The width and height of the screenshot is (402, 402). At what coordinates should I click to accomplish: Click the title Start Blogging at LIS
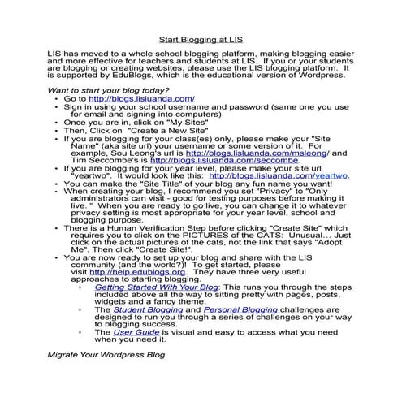pyautogui.click(x=201, y=38)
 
